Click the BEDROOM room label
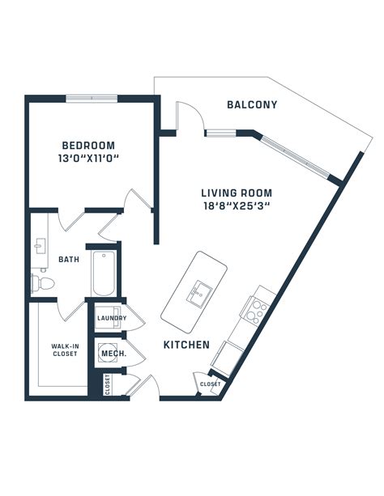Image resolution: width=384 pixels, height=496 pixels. pyautogui.click(x=88, y=146)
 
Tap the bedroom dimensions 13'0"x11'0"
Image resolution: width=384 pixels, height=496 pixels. pyautogui.click(x=88, y=159)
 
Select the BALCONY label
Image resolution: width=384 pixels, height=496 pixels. pyautogui.click(x=252, y=105)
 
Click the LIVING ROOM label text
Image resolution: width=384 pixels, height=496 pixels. pyautogui.click(x=236, y=193)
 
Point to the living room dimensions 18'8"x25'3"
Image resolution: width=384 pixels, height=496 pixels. pyautogui.click(x=236, y=207)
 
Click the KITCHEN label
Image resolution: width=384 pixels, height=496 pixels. pyautogui.click(x=186, y=345)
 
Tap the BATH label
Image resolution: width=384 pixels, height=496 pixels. pyautogui.click(x=68, y=260)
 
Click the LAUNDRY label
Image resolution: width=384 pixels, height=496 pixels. pyautogui.click(x=112, y=318)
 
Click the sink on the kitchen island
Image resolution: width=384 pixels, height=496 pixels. pyautogui.click(x=197, y=293)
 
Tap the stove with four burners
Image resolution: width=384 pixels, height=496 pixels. pyautogui.click(x=257, y=308)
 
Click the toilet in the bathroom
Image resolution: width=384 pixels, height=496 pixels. pyautogui.click(x=42, y=282)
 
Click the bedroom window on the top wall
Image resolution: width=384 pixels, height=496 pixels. pyautogui.click(x=92, y=99)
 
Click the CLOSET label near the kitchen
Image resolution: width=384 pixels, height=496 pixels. pyautogui.click(x=210, y=384)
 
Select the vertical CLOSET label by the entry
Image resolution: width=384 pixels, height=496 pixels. pyautogui.click(x=107, y=384)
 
